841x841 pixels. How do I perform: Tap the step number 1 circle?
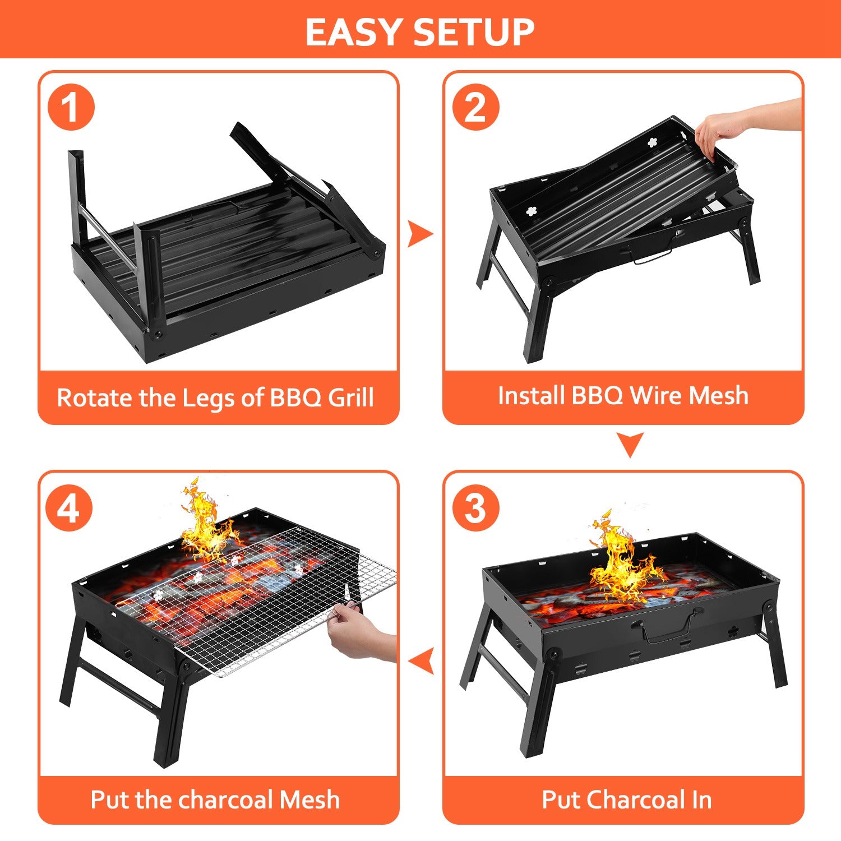[71, 107]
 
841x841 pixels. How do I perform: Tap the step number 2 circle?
[475, 107]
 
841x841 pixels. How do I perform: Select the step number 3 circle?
[475, 508]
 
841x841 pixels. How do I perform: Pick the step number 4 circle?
[69, 509]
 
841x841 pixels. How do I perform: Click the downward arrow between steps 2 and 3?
[630, 444]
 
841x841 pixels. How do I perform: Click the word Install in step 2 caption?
[531, 395]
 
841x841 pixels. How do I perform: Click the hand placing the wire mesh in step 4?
[359, 634]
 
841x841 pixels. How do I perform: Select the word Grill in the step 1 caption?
[350, 398]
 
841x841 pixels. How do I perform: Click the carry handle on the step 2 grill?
[653, 256]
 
